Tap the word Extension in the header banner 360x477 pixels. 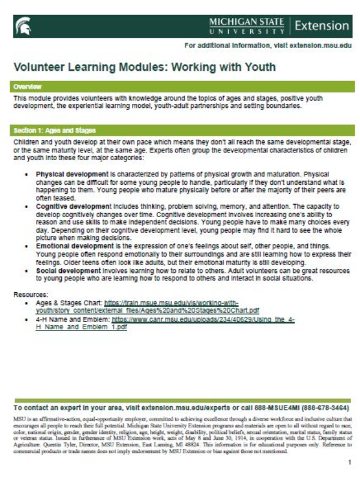click(322, 26)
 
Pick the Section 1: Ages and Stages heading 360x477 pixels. click(55, 130)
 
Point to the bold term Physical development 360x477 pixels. click(76, 174)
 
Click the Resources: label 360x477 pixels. click(31, 295)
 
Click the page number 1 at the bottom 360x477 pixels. click(349, 463)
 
